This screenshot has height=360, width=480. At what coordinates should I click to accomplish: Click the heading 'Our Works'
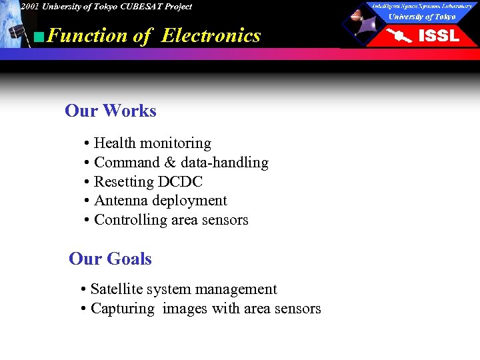click(111, 111)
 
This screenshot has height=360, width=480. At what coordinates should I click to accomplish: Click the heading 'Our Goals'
click(111, 259)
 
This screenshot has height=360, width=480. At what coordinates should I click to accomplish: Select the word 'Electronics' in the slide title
click(211, 35)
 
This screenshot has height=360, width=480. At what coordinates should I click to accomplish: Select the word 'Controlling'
click(131, 220)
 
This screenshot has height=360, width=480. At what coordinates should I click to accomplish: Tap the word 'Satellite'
click(117, 289)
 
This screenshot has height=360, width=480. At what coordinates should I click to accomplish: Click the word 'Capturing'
click(121, 309)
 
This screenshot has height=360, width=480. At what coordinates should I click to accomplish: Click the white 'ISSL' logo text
click(438, 36)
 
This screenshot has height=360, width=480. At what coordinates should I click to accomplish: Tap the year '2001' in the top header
click(29, 7)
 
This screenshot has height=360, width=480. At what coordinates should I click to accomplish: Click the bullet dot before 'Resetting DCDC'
click(87, 182)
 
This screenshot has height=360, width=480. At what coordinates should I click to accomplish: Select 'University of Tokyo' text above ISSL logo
click(422, 17)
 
